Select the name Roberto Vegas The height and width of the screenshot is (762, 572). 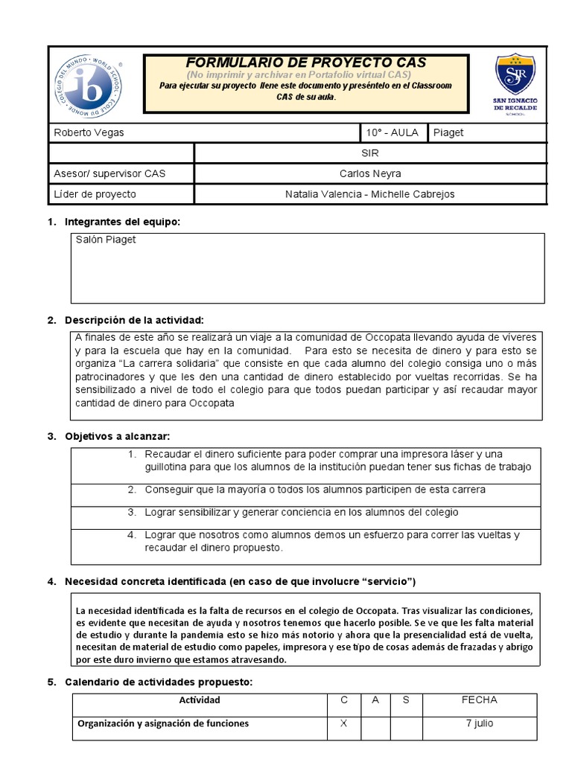pyautogui.click(x=89, y=133)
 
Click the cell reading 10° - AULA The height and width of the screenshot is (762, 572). pyautogui.click(x=392, y=133)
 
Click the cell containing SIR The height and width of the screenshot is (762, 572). pyautogui.click(x=370, y=153)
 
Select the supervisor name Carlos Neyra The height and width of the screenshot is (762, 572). pyautogui.click(x=370, y=174)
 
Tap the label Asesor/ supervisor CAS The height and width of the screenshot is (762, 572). pyautogui.click(x=109, y=174)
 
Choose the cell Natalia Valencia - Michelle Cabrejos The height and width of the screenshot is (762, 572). pyautogui.click(x=370, y=194)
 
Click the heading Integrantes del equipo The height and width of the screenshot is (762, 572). pyautogui.click(x=122, y=222)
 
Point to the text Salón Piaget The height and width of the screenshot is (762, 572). pyautogui.click(x=106, y=240)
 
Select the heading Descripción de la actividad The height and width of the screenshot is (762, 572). pyautogui.click(x=134, y=320)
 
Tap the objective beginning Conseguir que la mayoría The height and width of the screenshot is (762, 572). pyautogui.click(x=314, y=490)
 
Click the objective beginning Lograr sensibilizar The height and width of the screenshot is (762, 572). pyautogui.click(x=301, y=513)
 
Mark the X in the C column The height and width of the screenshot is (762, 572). pyautogui.click(x=344, y=723)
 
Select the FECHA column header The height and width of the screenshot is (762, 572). pyautogui.click(x=479, y=700)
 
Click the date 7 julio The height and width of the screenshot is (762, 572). pyautogui.click(x=479, y=723)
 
